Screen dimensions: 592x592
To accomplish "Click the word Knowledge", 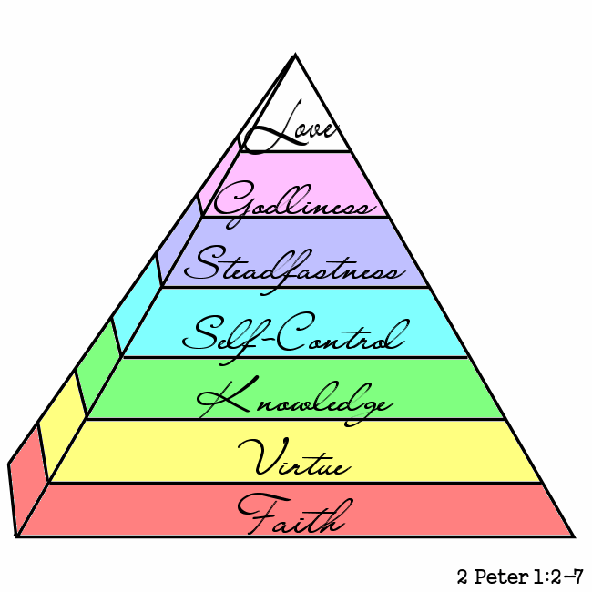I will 293,399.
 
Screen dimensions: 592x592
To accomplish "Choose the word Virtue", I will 293,459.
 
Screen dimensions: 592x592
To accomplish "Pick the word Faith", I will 291,516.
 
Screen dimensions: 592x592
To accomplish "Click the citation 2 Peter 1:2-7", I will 520,577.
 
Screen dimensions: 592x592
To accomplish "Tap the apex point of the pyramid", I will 295,56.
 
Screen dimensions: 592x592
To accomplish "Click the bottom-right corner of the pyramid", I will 573,536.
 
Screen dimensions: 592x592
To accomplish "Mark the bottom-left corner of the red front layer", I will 18,536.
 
